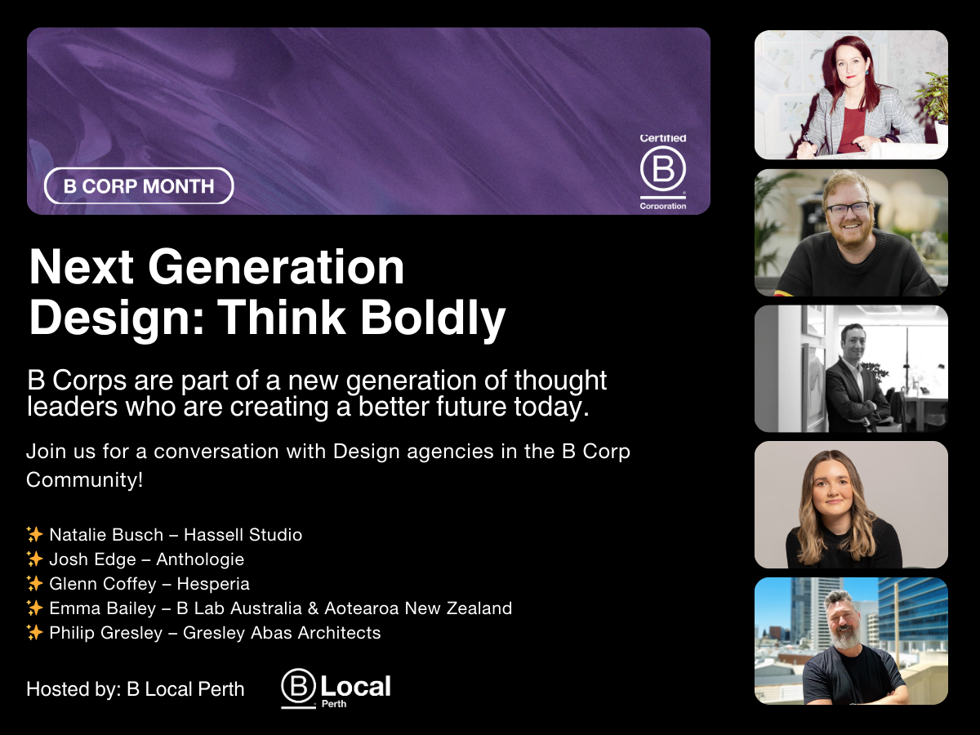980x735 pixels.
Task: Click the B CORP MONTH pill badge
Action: tap(139, 186)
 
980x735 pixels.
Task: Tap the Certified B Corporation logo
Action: tap(662, 172)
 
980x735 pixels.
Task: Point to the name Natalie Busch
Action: tap(106, 535)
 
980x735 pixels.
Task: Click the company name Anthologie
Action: tap(200, 559)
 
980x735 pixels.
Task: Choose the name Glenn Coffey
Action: tap(102, 584)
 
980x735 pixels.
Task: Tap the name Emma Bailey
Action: tap(102, 608)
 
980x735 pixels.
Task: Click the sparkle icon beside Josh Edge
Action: tap(34, 559)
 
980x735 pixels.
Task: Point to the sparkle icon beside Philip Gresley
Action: tap(34, 633)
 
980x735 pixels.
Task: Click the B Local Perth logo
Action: tap(336, 688)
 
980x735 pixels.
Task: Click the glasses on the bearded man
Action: tap(849, 208)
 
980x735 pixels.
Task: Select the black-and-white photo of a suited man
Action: tap(851, 368)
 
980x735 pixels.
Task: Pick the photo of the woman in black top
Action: tap(851, 505)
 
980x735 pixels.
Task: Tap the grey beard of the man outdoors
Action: tap(843, 637)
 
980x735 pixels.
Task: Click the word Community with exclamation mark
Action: tap(84, 479)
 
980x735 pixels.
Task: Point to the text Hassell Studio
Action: tap(243, 535)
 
